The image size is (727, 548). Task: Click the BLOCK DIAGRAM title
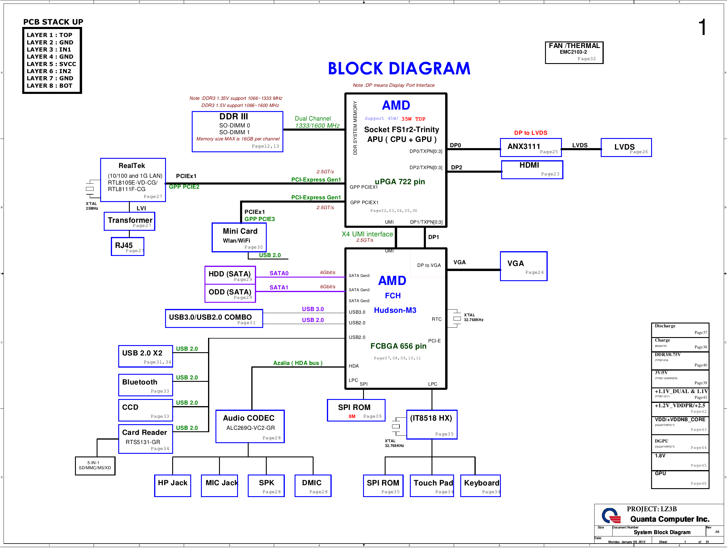[x=399, y=69]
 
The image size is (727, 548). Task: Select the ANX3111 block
[x=531, y=148]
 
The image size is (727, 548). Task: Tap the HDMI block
[x=532, y=170]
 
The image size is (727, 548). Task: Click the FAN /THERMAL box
[x=574, y=52]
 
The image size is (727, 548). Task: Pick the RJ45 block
[x=127, y=246]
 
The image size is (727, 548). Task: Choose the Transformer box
[x=130, y=222]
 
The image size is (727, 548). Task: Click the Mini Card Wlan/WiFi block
[x=239, y=238]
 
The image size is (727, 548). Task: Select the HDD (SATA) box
[x=230, y=275]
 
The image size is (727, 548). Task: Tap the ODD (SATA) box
[x=230, y=293]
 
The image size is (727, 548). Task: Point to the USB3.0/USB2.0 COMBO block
[x=214, y=318]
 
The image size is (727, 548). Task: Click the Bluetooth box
[x=146, y=385]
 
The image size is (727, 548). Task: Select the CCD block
[x=146, y=410]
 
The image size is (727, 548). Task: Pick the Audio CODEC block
[x=250, y=427]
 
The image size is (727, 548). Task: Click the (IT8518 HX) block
[x=432, y=424]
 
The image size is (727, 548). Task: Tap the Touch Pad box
[x=432, y=485]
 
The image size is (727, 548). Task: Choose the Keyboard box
[x=480, y=485]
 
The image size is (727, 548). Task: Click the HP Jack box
[x=172, y=485]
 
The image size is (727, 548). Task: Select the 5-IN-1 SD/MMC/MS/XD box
[x=95, y=466]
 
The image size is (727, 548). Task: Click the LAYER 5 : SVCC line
[x=51, y=64]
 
